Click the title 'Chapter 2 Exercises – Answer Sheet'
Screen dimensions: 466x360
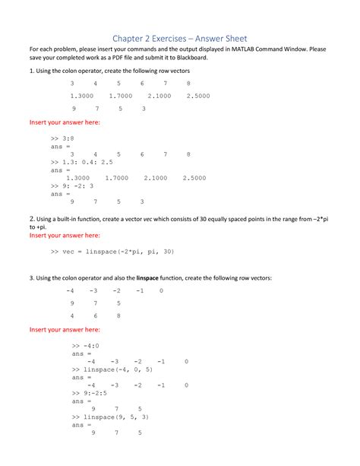pos(180,37)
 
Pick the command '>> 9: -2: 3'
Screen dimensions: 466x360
pos(72,185)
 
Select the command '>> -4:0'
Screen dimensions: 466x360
pos(82,346)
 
